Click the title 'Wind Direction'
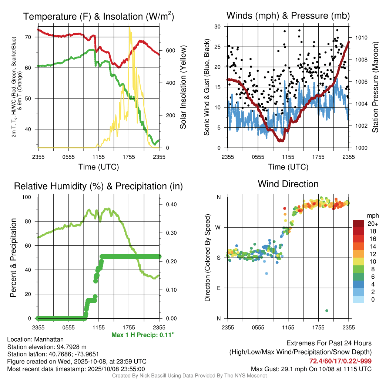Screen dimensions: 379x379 coord(288,184)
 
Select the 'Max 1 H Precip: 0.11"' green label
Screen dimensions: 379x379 coord(142,335)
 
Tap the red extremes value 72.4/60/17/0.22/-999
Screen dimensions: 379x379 coord(340,361)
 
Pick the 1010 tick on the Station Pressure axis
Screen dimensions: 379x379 coord(361,38)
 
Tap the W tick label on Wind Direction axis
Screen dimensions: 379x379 coord(218,227)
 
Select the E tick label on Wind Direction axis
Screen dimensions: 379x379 coord(218,288)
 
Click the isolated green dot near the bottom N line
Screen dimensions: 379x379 coord(327,311)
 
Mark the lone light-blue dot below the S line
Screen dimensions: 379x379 coord(266,274)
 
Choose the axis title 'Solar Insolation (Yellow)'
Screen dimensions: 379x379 coord(183,87)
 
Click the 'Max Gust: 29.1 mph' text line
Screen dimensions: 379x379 coord(311,369)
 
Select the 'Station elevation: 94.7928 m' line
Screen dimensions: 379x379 coord(47,347)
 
